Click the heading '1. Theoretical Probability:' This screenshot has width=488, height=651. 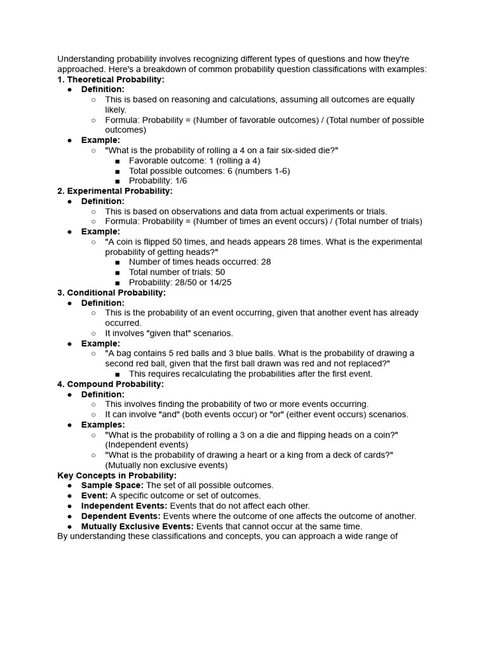[x=111, y=79]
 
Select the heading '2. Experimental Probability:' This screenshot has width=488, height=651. [x=114, y=191]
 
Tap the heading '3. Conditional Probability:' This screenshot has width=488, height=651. [x=111, y=292]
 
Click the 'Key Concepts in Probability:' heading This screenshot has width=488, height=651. [x=117, y=476]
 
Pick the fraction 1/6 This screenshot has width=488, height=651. [x=180, y=181]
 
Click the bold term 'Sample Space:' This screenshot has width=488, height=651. [x=112, y=485]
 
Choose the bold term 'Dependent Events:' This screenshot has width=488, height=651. [x=121, y=516]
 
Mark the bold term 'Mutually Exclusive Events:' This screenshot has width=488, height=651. [x=137, y=526]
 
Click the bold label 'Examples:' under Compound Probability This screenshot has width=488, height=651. [x=103, y=425]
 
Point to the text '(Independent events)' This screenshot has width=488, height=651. [x=147, y=445]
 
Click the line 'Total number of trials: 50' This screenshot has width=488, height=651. [x=177, y=272]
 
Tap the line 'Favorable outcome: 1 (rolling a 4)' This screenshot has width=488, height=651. [x=194, y=161]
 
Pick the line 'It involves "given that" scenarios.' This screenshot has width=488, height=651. [x=169, y=333]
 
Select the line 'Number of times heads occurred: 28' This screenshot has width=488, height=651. [x=200, y=262]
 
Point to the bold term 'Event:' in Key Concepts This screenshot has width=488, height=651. [x=95, y=496]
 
